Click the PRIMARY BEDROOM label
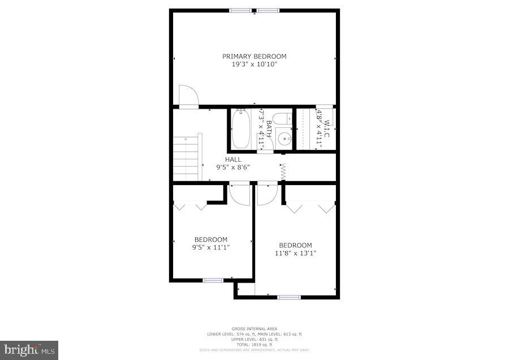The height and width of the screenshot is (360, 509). (254, 56)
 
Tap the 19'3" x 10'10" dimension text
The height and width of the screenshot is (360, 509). (254, 65)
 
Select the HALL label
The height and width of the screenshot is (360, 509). (232, 160)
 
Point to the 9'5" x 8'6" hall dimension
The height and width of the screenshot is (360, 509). (232, 168)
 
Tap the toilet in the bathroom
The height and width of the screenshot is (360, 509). (287, 119)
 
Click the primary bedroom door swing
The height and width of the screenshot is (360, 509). (188, 96)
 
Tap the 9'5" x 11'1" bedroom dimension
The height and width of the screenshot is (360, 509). (211, 247)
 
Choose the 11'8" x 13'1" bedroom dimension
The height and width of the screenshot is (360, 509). (295, 253)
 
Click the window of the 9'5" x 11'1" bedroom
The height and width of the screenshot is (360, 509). (213, 280)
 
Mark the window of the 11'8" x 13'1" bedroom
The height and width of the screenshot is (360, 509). (288, 297)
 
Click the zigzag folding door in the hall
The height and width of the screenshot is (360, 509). (283, 172)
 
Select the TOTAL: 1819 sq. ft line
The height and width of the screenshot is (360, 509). (254, 345)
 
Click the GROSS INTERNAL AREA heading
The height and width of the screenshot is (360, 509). (254, 329)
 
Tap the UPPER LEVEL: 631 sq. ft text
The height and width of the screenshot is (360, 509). (254, 340)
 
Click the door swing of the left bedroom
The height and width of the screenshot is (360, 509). (240, 194)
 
